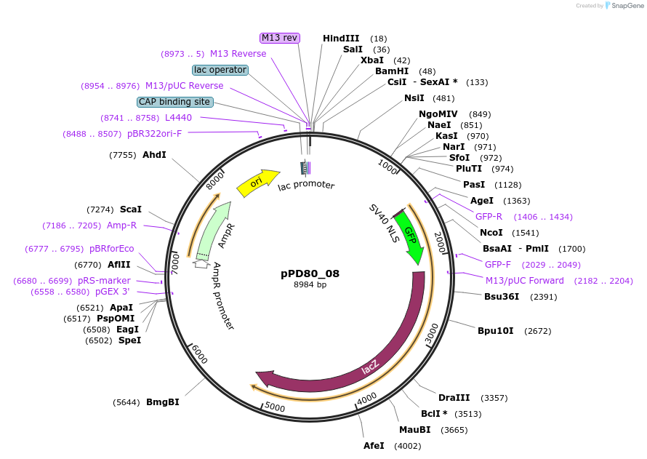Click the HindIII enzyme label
[x=341, y=38]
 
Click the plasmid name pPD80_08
[x=310, y=274]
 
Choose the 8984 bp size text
[x=310, y=284]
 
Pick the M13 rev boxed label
[x=280, y=38]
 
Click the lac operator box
[x=220, y=70]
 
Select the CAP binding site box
[x=175, y=102]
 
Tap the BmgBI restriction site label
[x=163, y=402]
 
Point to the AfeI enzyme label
[x=374, y=445]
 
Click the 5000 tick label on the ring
[x=275, y=407]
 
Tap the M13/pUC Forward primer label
[x=524, y=281]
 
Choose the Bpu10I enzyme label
[x=495, y=330]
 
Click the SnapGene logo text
[x=627, y=6]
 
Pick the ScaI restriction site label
[x=131, y=209]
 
